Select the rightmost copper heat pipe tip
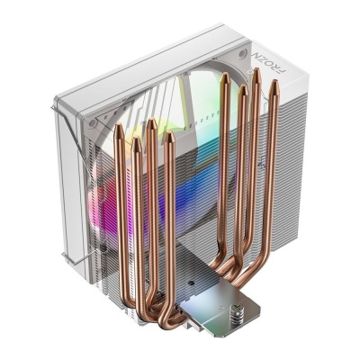pyautogui.click(x=272, y=86)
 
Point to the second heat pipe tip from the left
pyautogui.click(x=138, y=142)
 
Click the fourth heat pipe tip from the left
pyautogui.click(x=170, y=139)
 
